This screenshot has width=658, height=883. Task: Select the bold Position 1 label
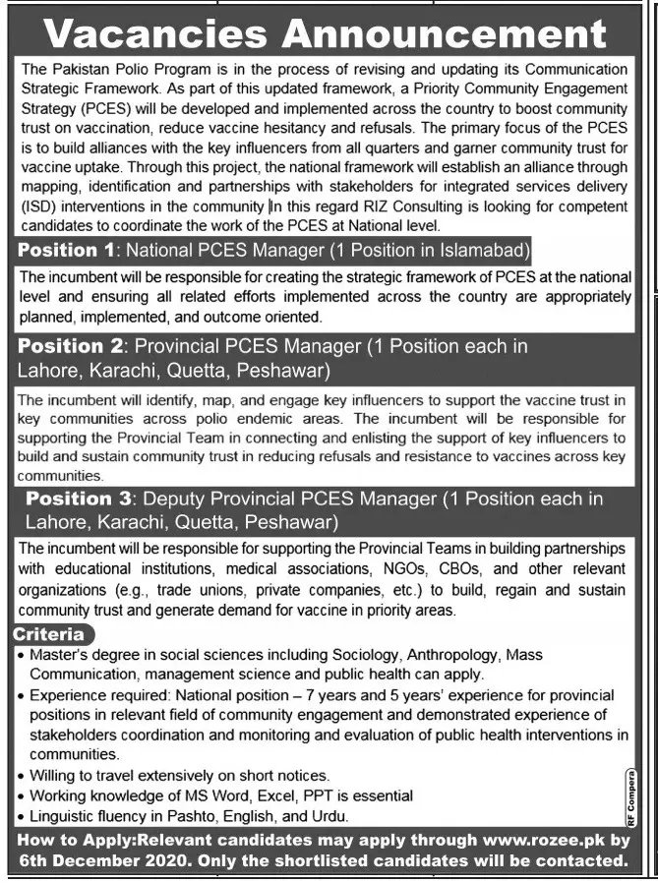[x=67, y=250]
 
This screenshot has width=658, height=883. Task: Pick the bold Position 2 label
[x=68, y=346]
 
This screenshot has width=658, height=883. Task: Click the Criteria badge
[x=48, y=634]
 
